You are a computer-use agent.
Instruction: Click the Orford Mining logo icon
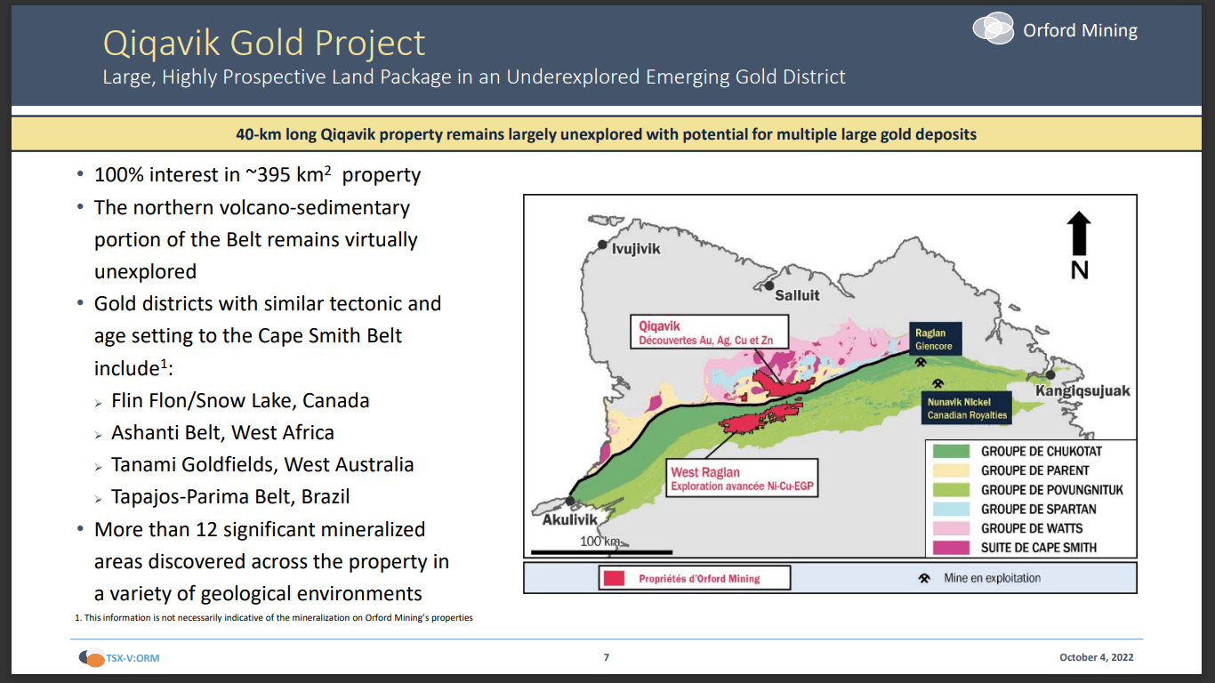pyautogui.click(x=994, y=28)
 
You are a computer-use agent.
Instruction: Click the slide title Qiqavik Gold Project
pyautogui.click(x=264, y=43)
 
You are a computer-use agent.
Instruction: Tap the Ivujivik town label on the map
pyautogui.click(x=635, y=249)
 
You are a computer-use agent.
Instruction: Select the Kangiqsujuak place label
pyautogui.click(x=1082, y=391)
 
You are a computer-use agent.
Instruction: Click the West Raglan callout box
pyautogui.click(x=741, y=479)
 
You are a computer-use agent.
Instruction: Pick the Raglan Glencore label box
pyautogui.click(x=935, y=339)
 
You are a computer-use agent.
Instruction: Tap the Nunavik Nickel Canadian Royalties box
pyautogui.click(x=967, y=408)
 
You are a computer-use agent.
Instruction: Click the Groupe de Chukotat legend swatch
pyautogui.click(x=950, y=452)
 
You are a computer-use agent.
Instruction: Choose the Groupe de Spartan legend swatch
pyautogui.click(x=950, y=510)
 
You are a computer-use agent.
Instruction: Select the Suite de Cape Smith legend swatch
pyautogui.click(x=950, y=548)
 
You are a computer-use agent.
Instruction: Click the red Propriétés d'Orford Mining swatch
pyautogui.click(x=614, y=578)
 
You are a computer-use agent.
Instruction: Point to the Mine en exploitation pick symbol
pyautogui.click(x=925, y=578)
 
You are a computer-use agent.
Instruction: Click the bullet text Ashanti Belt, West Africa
pyautogui.click(x=222, y=433)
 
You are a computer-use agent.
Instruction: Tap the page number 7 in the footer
pyautogui.click(x=607, y=658)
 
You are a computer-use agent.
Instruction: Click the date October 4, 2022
pyautogui.click(x=1096, y=658)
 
